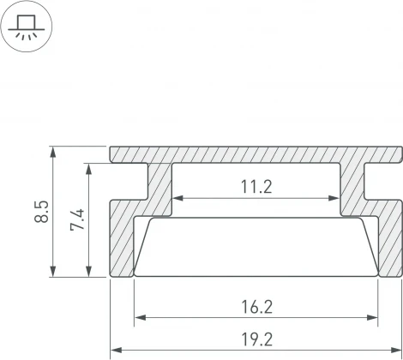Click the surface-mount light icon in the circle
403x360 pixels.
tap(26, 27)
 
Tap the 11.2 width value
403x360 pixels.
tap(256, 187)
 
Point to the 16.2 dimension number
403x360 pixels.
tap(256, 306)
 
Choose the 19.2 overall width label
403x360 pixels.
tap(256, 339)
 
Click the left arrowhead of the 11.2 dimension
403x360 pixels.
tap(177, 199)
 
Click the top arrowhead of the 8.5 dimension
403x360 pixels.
tap(56, 152)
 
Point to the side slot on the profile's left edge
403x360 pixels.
tap(127, 183)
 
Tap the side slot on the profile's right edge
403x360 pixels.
tap(386, 183)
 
